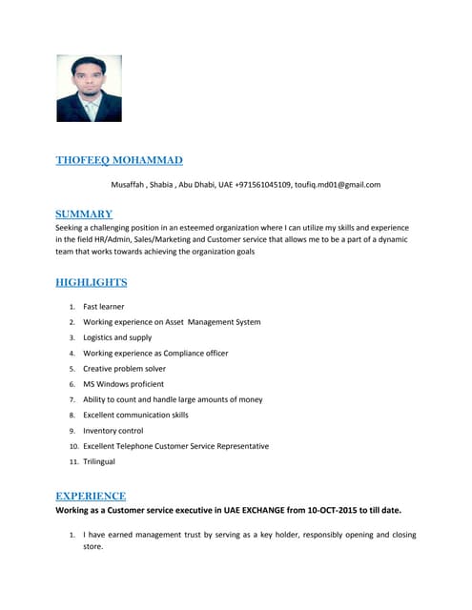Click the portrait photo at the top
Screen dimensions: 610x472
point(89,88)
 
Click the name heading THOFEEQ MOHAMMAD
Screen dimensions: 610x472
point(119,160)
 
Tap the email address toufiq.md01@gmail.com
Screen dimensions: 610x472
point(338,184)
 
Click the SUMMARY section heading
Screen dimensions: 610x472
point(84,214)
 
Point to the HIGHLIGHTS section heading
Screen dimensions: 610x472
point(92,282)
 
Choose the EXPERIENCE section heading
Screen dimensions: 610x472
point(91,496)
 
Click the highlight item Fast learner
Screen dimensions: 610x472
point(104,307)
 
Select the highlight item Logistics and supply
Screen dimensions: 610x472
point(117,337)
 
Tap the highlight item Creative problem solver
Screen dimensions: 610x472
point(124,368)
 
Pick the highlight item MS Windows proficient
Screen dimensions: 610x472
point(123,384)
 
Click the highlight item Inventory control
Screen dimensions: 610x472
point(113,430)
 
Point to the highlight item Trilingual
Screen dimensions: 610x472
point(99,461)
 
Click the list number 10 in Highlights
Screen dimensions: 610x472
point(73,446)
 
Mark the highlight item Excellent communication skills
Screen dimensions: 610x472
point(135,415)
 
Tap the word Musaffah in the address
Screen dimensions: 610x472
point(130,184)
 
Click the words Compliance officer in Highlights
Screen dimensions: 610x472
point(195,353)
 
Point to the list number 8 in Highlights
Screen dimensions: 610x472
point(72,416)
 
